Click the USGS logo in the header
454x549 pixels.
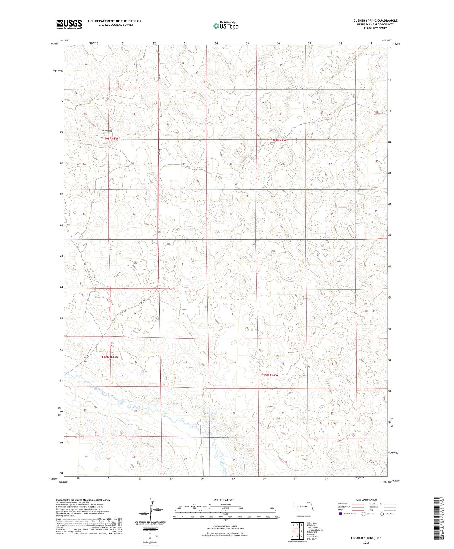(69, 24)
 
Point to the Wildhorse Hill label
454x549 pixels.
(107, 132)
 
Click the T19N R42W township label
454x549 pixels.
(278, 140)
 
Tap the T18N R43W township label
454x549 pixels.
(110, 357)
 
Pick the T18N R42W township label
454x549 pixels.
(269, 375)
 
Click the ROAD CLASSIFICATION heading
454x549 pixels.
(366, 500)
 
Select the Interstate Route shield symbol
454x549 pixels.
(340, 514)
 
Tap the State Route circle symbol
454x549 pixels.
(382, 514)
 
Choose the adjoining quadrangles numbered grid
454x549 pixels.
(297, 528)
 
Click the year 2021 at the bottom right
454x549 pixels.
(366, 543)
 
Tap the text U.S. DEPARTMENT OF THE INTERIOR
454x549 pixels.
(115, 21)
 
